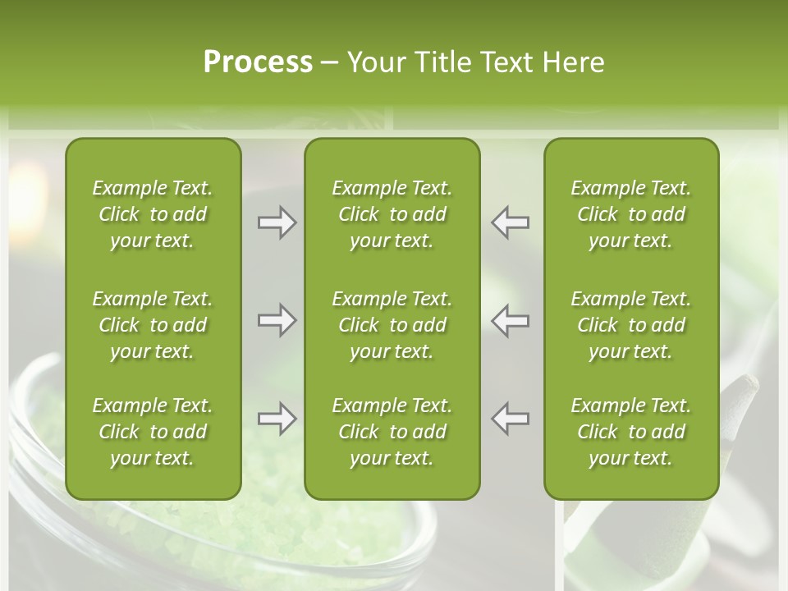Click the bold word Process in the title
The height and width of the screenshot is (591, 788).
coord(258,62)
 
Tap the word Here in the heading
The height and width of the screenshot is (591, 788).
coord(572,62)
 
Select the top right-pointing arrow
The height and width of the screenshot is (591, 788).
coord(277,222)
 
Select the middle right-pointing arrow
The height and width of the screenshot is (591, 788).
coord(277,320)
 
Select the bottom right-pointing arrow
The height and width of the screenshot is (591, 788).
coord(277,419)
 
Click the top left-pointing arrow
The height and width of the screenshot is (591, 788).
coord(511,222)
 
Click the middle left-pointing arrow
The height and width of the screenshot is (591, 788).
coord(511,320)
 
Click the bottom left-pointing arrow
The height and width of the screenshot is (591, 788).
coord(511,419)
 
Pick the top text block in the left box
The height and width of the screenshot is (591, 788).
coord(153,214)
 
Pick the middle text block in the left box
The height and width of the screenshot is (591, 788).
coord(153,325)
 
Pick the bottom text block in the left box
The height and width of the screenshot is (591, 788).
coord(153,432)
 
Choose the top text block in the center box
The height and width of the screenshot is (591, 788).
coord(392,214)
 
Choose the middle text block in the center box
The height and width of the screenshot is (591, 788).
coord(392,325)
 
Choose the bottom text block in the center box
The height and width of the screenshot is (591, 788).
coord(392,432)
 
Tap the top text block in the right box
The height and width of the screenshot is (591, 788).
coord(631,214)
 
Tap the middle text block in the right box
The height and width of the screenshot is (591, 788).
coord(631,325)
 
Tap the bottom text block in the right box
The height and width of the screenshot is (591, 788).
coord(631,432)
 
